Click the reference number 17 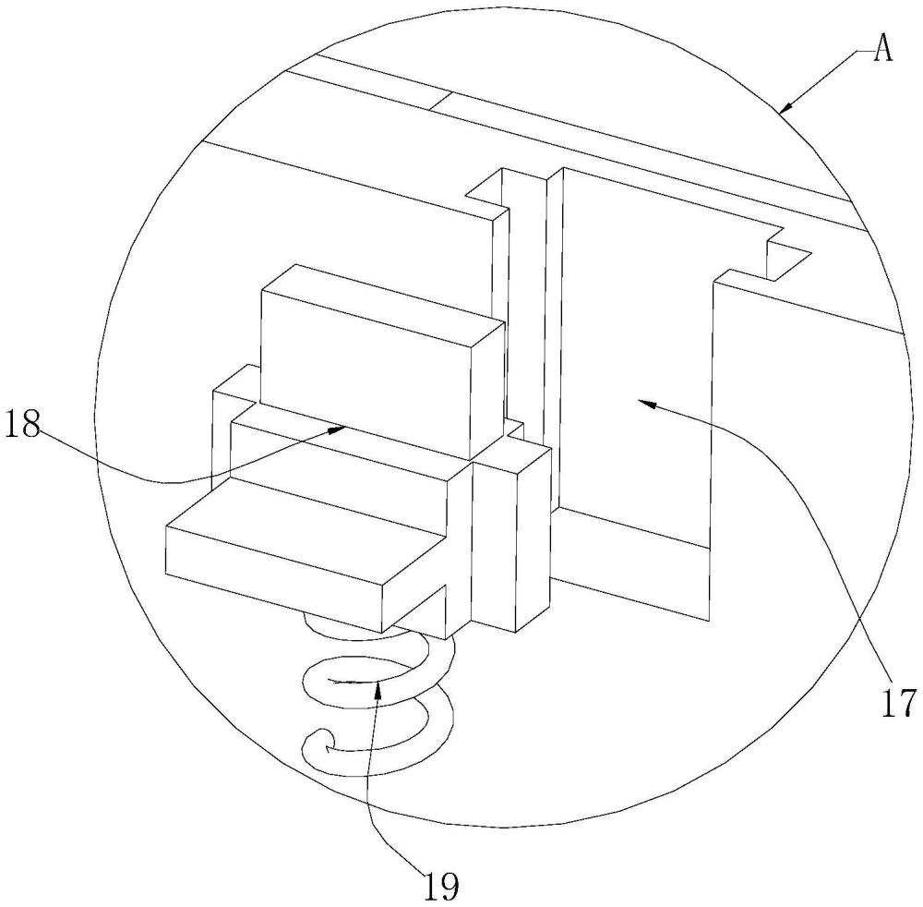[x=899, y=702]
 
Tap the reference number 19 [x=439, y=885]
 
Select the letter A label [x=882, y=49]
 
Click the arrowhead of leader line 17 [x=646, y=403]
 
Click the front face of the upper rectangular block [x=365, y=371]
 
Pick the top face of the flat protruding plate [x=306, y=532]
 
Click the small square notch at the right [x=789, y=258]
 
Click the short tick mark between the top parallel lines [x=440, y=101]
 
